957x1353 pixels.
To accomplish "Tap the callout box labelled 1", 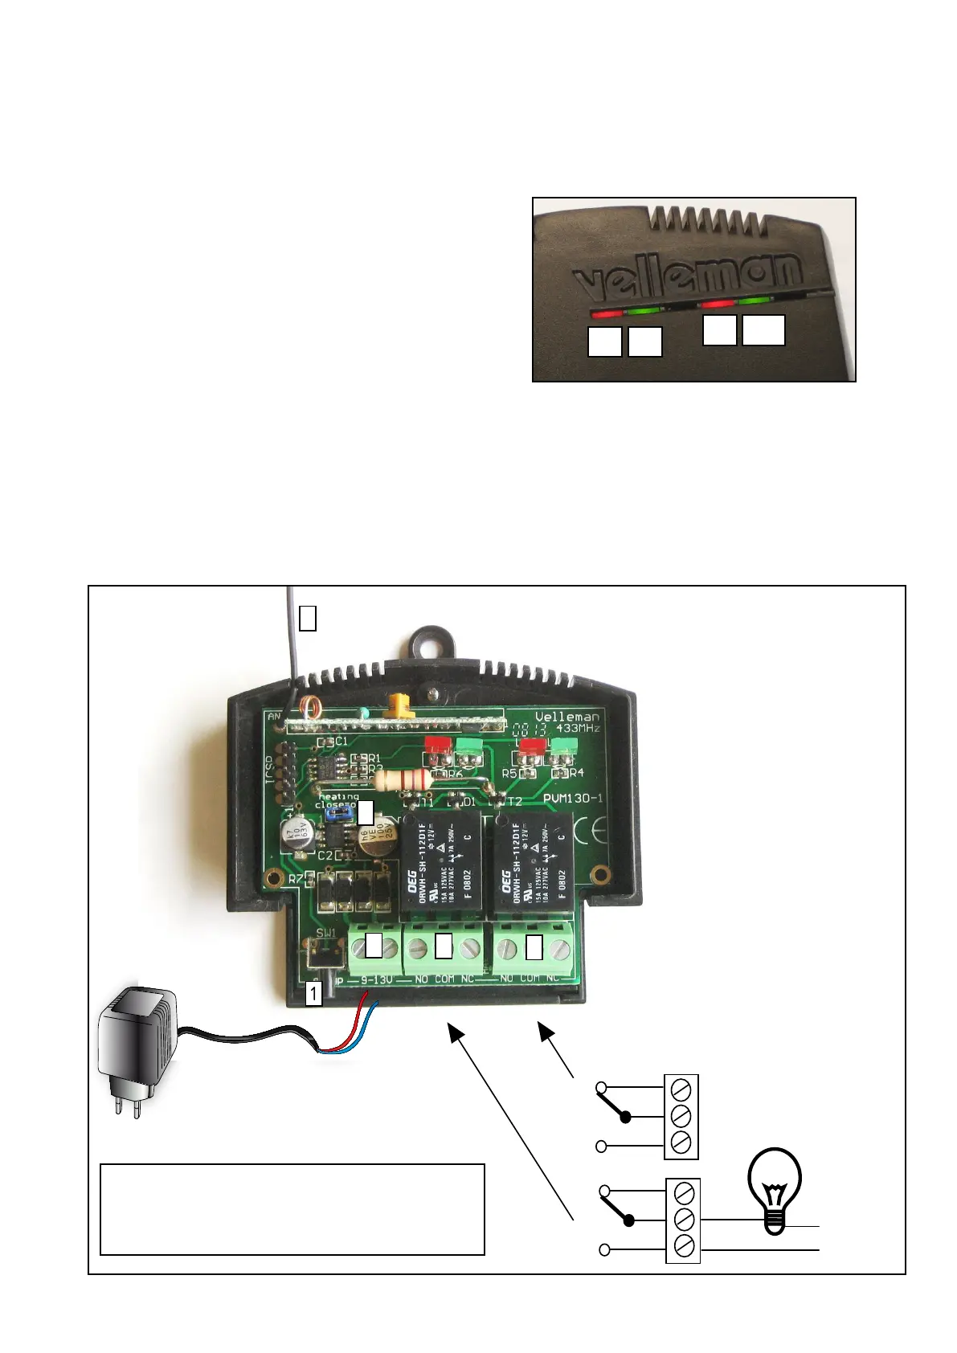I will pos(313,994).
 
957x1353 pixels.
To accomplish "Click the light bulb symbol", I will pos(775,1189).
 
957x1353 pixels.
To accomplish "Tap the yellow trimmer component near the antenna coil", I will pos(398,706).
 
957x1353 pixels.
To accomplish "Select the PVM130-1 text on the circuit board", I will pos(573,799).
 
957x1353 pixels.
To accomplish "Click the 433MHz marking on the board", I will pos(578,728).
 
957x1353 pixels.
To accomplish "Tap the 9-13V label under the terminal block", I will pos(376,979).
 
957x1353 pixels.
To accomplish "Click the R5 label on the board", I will pos(509,773).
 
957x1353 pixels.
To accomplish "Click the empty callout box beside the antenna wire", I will pos(307,617).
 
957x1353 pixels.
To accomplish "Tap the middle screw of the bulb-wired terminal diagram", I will pos(683,1220).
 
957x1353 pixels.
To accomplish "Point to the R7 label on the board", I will pos(296,879).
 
